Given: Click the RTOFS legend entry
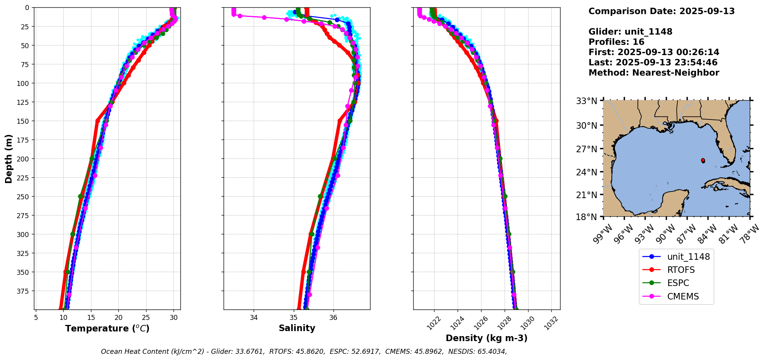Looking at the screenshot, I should click(x=681, y=270).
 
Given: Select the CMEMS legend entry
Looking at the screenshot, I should click(x=683, y=296).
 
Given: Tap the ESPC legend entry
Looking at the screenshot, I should click(x=678, y=283).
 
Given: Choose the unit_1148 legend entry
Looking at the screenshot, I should click(x=688, y=257).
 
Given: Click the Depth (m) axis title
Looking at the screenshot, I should click(x=9, y=158).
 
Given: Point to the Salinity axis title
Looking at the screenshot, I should click(x=297, y=328).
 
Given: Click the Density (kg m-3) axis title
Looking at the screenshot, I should click(x=487, y=338).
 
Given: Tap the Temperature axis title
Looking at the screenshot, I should click(x=107, y=329).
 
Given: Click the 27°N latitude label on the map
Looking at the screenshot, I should click(x=586, y=149).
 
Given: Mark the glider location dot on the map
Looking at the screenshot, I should click(x=703, y=160).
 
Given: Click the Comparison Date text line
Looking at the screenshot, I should click(x=662, y=11).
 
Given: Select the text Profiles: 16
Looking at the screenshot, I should click(x=616, y=42).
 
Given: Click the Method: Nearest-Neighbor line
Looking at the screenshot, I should click(x=654, y=73).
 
